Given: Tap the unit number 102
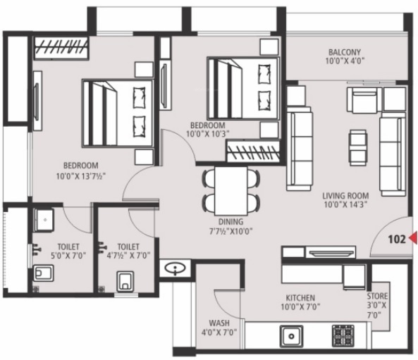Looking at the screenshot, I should [x=397, y=239].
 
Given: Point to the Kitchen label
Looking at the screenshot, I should [x=300, y=298].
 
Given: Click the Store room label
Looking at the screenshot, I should [x=377, y=297].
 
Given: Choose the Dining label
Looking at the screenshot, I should [x=230, y=221].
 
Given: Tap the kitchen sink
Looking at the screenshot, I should [x=290, y=335].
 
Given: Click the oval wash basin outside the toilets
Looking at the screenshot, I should [x=173, y=268].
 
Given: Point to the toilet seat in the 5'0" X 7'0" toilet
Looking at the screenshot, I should [x=42, y=273].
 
